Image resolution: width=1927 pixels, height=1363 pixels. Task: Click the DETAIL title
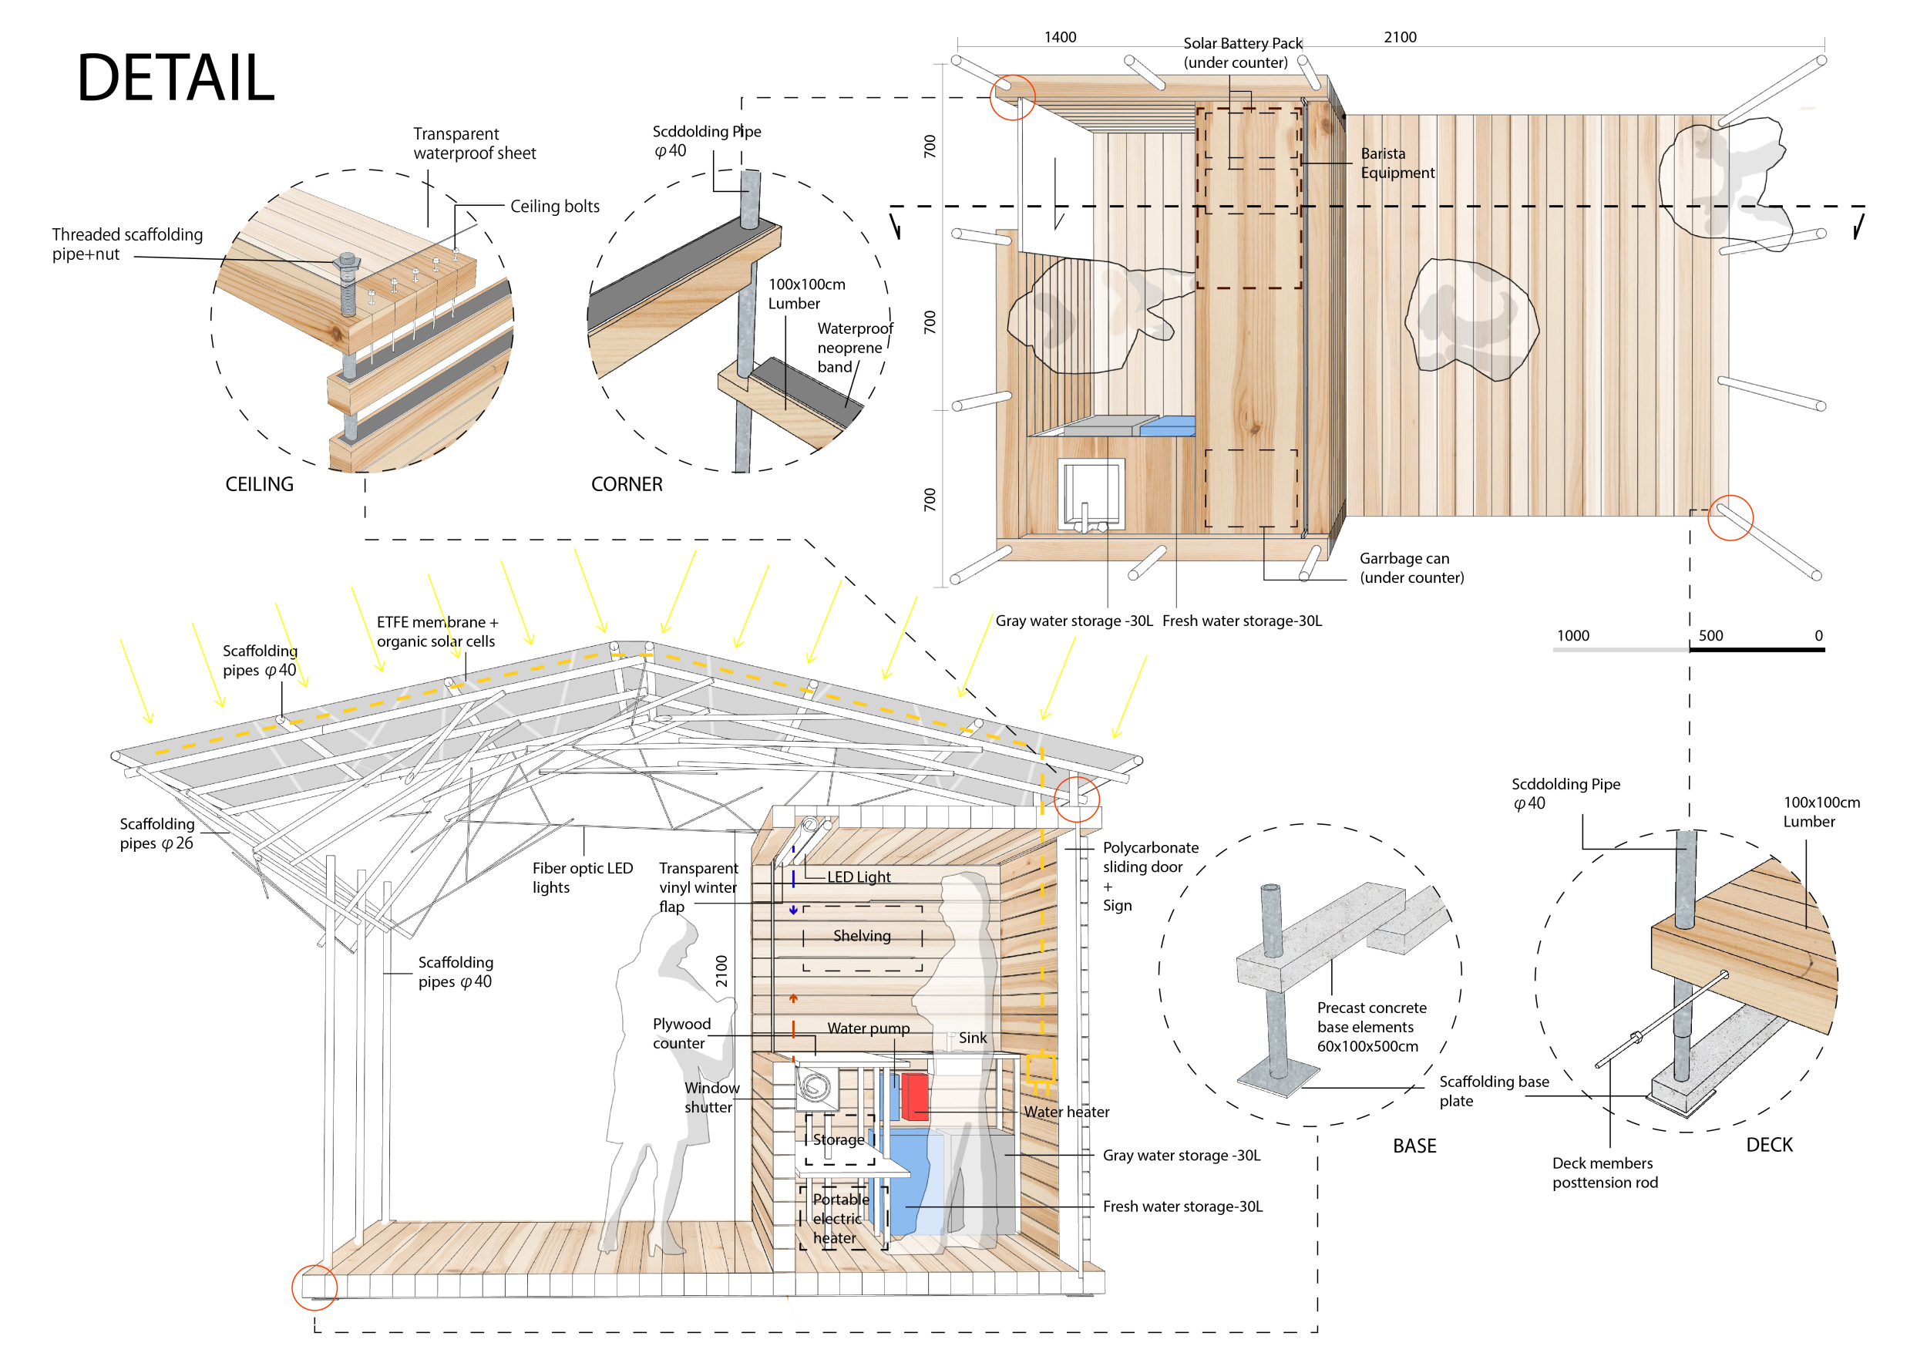[x=176, y=78]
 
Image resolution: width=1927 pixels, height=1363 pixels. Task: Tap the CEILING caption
[x=259, y=484]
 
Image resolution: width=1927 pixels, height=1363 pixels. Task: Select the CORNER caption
[x=626, y=484]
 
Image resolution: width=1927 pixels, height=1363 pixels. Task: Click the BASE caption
[x=1414, y=1146]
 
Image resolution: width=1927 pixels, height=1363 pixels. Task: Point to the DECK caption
[x=1768, y=1145]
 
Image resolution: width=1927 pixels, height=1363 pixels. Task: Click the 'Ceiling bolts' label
[x=555, y=207]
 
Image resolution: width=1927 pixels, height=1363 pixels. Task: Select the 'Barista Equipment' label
[x=1397, y=163]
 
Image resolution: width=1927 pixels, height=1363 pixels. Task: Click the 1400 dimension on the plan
[x=1060, y=37]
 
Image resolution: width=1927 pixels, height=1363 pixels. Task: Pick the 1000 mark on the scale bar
[x=1573, y=635]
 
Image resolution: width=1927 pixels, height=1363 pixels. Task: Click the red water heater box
[x=915, y=1096]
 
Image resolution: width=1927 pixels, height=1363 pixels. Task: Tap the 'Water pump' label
[x=868, y=1028]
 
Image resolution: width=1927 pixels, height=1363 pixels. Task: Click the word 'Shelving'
[x=862, y=936]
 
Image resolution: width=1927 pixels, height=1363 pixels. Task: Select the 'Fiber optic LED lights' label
[x=583, y=878]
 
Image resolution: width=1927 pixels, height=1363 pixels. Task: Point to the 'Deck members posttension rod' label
[x=1605, y=1173]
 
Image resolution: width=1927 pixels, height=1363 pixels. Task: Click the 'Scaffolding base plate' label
[x=1493, y=1091]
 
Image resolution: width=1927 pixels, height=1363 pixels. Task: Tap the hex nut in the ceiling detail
[x=348, y=263]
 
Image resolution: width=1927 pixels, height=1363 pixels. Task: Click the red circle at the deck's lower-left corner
[x=314, y=1287]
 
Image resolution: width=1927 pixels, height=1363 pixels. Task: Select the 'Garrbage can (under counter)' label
[x=1411, y=568]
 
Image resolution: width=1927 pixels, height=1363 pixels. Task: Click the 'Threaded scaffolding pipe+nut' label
[x=126, y=244]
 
